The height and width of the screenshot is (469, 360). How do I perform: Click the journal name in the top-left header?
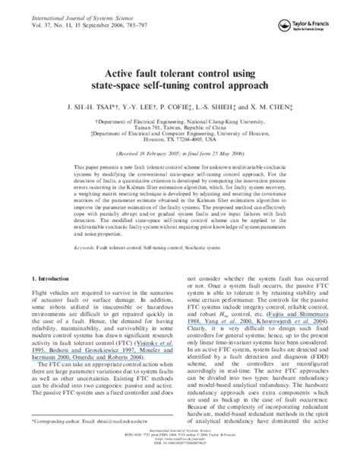click(71, 7)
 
